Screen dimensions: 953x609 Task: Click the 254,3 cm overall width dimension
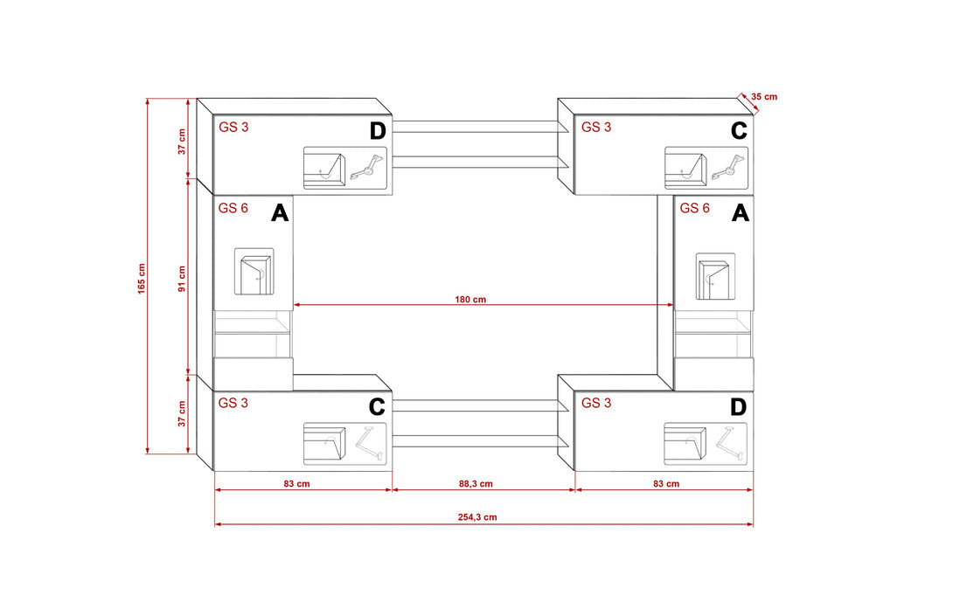click(477, 517)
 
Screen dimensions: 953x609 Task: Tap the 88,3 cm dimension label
click(476, 484)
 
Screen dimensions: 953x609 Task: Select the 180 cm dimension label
click(470, 300)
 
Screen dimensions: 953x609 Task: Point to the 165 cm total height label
click(142, 279)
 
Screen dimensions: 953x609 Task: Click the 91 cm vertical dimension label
click(182, 279)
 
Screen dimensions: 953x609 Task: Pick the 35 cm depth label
click(764, 96)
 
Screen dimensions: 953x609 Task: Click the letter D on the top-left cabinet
click(378, 130)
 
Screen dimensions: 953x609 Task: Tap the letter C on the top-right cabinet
click(739, 130)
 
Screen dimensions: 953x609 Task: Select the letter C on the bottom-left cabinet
click(377, 407)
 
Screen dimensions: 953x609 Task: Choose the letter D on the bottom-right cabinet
click(738, 407)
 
